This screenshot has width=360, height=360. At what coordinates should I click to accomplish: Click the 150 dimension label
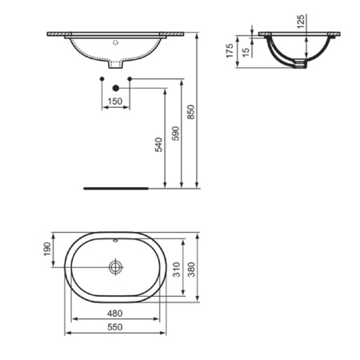(x=115, y=102)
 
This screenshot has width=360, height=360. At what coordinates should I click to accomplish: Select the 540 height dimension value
(x=158, y=145)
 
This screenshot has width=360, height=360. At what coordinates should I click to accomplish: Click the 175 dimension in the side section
(x=230, y=52)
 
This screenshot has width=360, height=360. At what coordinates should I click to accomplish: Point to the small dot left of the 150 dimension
(x=102, y=78)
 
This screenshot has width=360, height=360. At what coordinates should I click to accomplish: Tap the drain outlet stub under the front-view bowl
(x=116, y=63)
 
